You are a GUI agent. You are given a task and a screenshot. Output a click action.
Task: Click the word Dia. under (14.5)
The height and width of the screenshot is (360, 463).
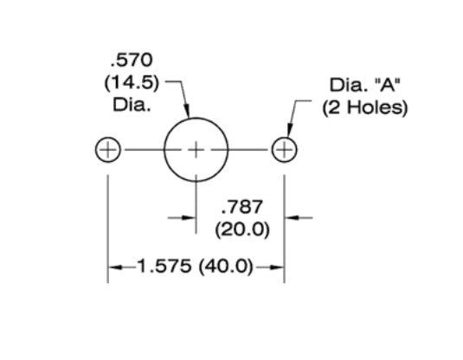131,107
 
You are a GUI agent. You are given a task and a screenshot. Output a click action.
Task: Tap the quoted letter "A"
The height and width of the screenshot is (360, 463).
384,86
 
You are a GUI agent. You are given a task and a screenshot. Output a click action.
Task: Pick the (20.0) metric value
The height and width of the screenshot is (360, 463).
242,230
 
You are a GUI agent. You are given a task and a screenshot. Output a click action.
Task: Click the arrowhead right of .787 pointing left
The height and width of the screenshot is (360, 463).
292,218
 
